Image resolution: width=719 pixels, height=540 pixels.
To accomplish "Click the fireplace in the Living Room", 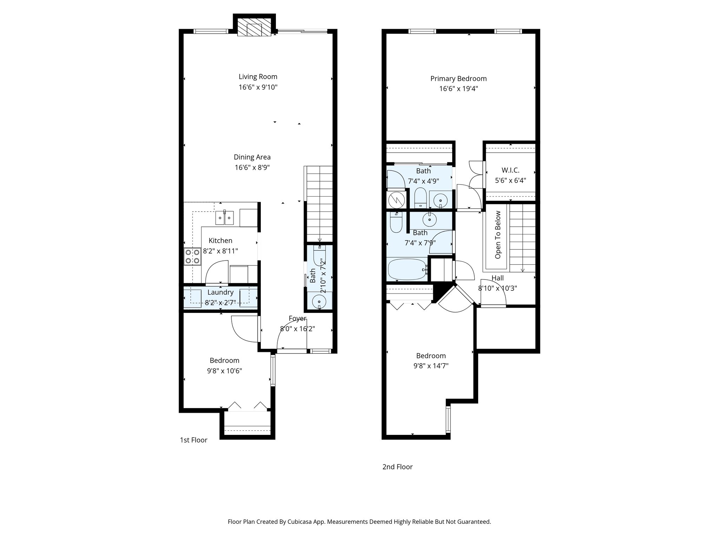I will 254,27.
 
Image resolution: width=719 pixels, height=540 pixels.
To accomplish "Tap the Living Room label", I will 258,77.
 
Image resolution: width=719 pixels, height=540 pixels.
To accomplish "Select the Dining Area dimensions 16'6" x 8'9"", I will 252,168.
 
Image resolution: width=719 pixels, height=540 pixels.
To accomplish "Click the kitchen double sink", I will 225,218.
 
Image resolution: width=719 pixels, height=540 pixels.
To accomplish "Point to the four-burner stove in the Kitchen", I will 192,257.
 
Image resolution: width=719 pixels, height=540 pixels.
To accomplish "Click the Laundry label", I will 220,292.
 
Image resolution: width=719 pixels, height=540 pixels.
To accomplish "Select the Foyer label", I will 297,319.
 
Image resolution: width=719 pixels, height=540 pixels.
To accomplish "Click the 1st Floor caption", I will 193,440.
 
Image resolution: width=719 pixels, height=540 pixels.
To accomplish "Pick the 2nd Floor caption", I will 397,467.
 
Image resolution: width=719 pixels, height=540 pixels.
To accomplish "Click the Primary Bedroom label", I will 459,79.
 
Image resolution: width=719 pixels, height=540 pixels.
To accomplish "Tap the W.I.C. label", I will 510,170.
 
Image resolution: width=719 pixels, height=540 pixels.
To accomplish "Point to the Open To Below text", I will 498,235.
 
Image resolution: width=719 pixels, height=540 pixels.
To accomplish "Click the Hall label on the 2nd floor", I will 497,278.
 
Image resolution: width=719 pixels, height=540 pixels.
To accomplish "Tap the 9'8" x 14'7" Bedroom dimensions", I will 431,366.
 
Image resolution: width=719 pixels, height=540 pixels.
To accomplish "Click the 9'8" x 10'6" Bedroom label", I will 224,361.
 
